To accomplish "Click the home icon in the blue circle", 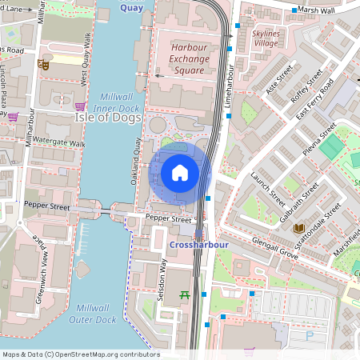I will [x=180, y=172].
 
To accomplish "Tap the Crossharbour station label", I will [x=199, y=244].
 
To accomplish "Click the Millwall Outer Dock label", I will [x=96, y=314].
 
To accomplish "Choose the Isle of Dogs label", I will [x=108, y=118].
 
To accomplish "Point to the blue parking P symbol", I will [x=310, y=336].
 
